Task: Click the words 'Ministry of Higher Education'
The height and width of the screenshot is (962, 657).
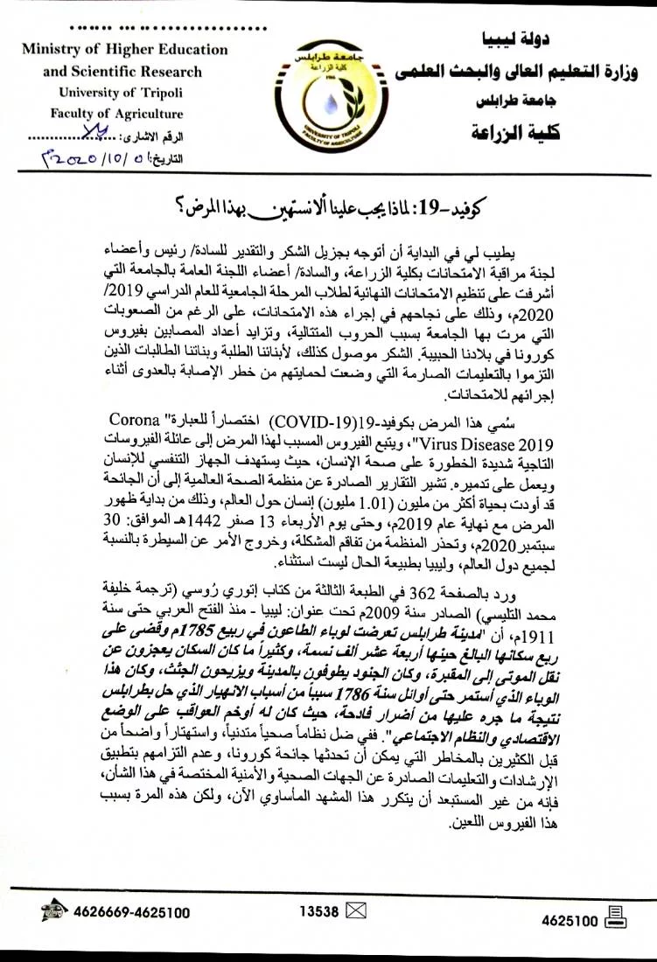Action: [125, 50]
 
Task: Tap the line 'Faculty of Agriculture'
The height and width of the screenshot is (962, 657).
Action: [129, 114]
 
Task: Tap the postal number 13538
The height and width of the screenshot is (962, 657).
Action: [318, 911]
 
